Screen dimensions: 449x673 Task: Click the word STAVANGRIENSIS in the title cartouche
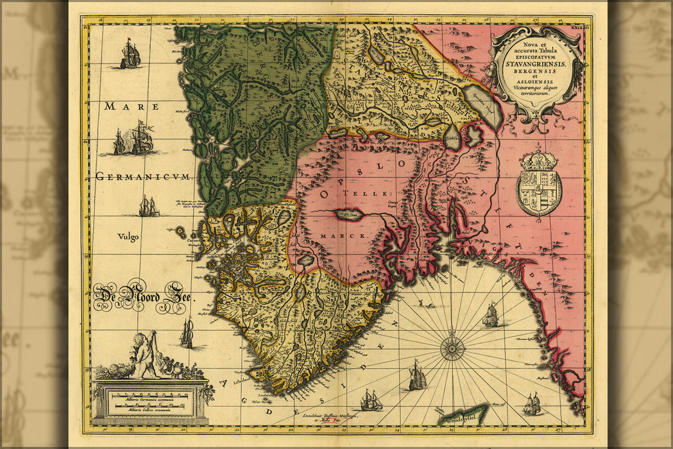click(536, 62)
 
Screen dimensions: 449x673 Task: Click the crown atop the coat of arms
click(539, 160)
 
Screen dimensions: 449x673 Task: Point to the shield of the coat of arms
click(539, 191)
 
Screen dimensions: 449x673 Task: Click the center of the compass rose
click(453, 348)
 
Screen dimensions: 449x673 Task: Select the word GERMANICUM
click(143, 176)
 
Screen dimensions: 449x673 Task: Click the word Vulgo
click(128, 236)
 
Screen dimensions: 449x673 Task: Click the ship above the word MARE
click(130, 55)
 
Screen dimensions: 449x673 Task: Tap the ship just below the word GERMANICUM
click(149, 207)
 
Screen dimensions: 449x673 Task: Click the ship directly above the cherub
click(187, 334)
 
